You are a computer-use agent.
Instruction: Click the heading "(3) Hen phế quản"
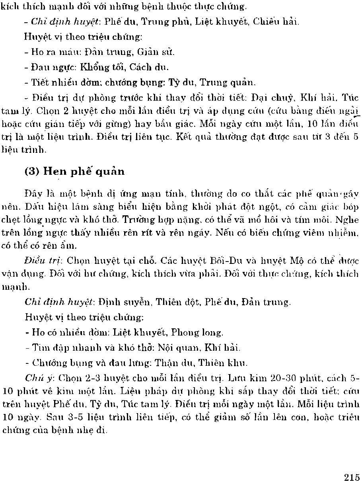[74, 172]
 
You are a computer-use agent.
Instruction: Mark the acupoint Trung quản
[226, 82]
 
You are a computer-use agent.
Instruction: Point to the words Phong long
[200, 332]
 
